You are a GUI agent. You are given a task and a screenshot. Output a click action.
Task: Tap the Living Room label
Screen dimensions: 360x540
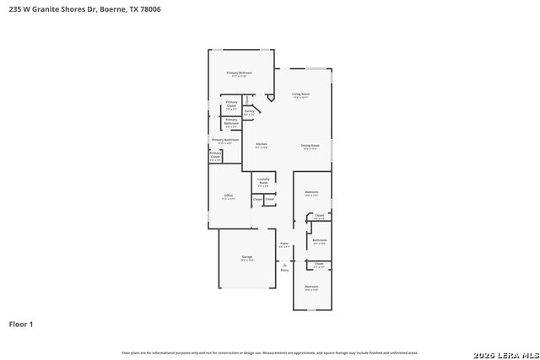click(x=300, y=94)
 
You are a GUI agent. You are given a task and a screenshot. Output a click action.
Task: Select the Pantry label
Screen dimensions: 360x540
click(x=249, y=112)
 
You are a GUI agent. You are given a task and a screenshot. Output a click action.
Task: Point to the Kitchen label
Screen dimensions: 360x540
click(x=262, y=145)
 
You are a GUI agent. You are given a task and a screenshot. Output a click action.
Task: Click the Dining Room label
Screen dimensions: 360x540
click(x=310, y=145)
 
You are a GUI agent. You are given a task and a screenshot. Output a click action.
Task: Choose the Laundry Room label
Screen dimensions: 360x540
click(x=263, y=180)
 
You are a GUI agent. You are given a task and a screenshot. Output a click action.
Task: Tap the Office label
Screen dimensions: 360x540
click(x=229, y=196)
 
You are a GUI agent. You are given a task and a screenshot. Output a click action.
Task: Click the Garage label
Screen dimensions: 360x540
click(x=247, y=256)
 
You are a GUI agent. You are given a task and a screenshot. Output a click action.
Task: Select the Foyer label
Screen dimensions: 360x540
click(x=284, y=244)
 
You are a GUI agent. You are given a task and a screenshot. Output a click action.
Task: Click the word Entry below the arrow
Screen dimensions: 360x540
click(x=284, y=270)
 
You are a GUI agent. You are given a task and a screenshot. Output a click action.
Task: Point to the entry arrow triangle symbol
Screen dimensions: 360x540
click(x=284, y=263)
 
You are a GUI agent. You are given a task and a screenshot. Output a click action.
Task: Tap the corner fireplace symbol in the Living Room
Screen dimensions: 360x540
click(x=269, y=98)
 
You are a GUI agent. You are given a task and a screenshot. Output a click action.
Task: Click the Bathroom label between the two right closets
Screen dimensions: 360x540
click(x=319, y=240)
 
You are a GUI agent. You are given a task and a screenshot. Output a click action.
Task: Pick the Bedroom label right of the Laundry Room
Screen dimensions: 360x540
click(x=311, y=192)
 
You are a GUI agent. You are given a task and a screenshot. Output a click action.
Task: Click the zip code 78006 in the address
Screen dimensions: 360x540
click(x=150, y=9)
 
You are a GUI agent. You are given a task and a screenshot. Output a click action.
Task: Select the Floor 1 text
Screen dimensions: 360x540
click(x=21, y=324)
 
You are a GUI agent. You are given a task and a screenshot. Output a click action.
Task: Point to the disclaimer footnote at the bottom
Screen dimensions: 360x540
click(x=270, y=352)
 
